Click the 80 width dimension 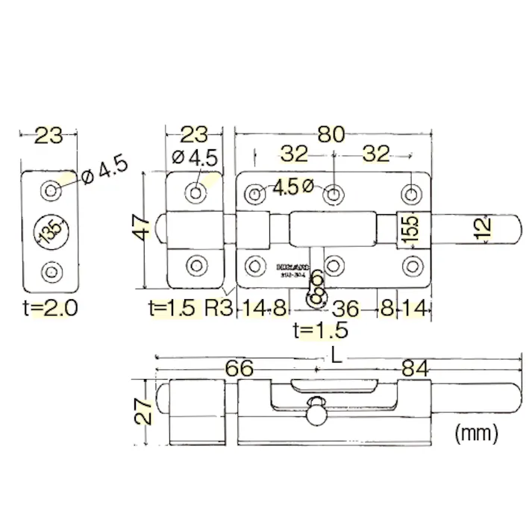point(331,134)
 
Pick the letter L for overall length point(337,356)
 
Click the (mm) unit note point(476,433)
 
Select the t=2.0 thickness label point(50,307)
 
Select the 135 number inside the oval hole point(50,232)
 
